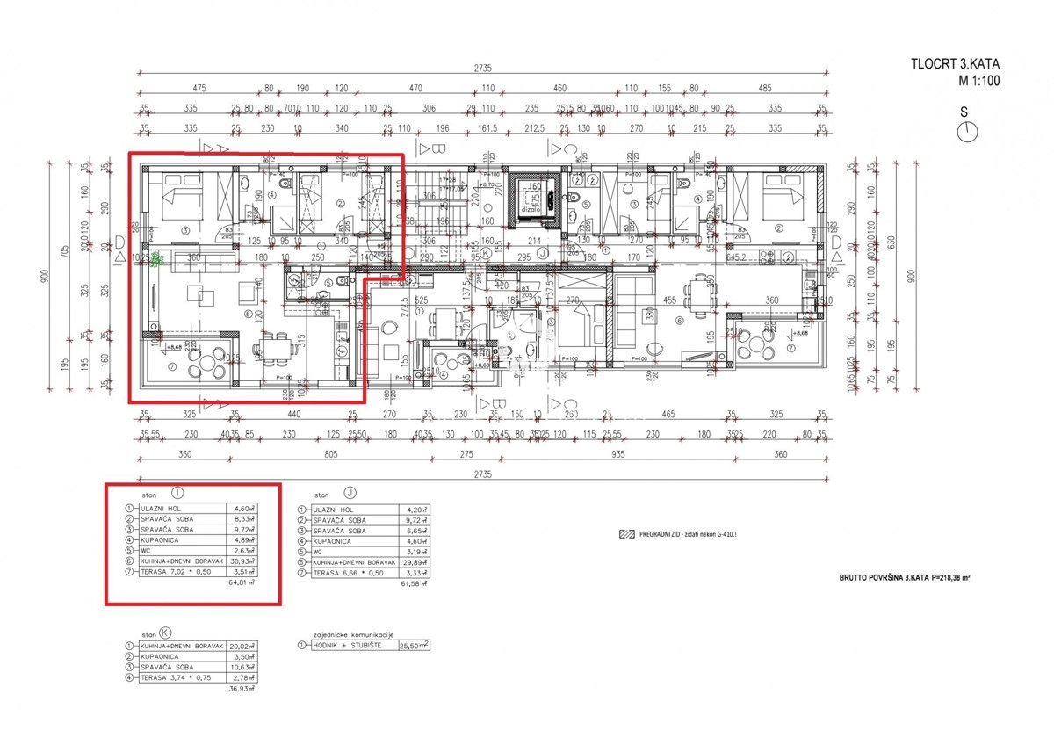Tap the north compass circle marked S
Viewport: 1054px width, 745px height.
click(x=966, y=131)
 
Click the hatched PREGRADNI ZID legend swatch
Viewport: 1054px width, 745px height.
click(x=625, y=533)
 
